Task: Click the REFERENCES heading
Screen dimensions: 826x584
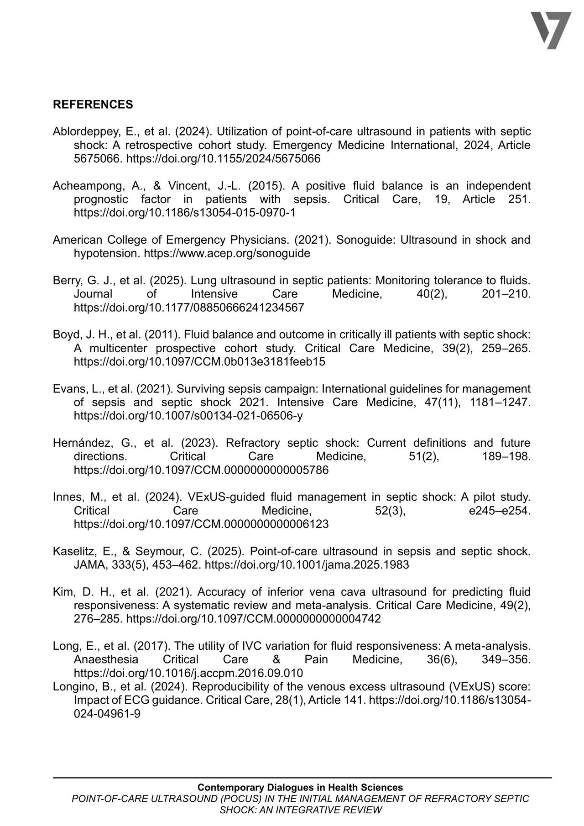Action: [93, 105]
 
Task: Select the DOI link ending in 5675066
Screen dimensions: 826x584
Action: [223, 159]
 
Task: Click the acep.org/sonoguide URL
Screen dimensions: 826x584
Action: [227, 253]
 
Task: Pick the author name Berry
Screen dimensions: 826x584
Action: [66, 280]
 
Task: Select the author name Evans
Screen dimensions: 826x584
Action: [67, 389]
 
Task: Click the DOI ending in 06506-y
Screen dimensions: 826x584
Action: [188, 416]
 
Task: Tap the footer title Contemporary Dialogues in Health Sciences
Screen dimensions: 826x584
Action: [300, 787]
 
